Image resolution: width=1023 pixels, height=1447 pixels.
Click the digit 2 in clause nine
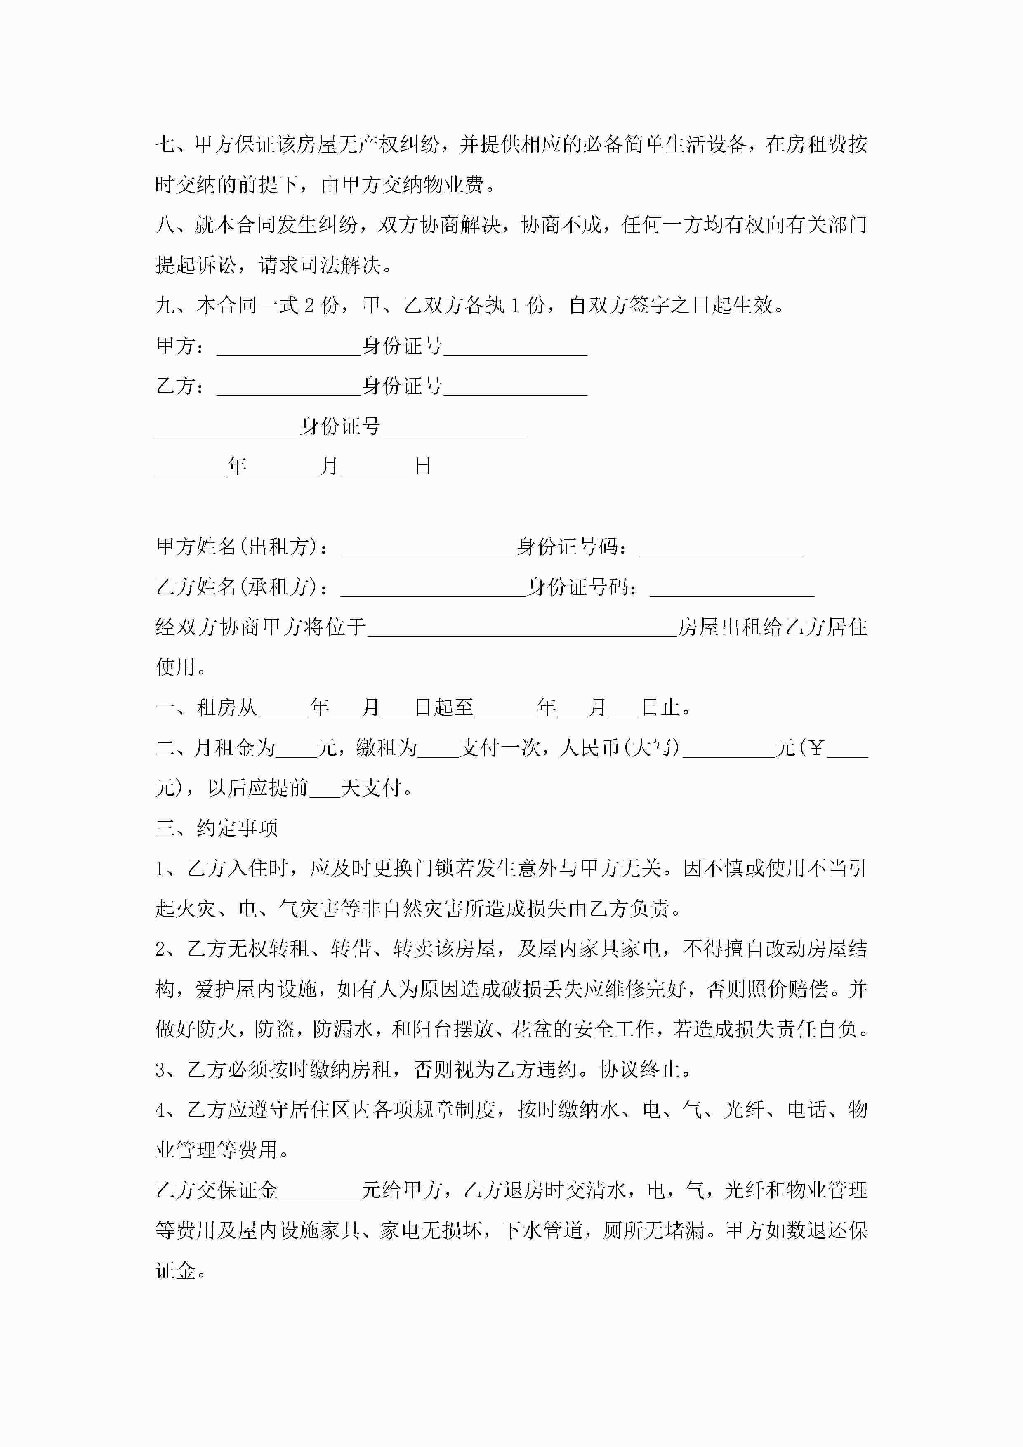pyautogui.click(x=309, y=306)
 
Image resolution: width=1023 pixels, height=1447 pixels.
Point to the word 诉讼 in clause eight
pyautogui.click(x=217, y=265)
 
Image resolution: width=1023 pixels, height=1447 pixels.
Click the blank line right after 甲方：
pyautogui.click(x=288, y=347)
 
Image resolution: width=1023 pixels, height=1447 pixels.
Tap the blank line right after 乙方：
pyautogui.click(x=288, y=388)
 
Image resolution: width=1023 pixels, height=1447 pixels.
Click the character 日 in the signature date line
pyautogui.click(x=422, y=467)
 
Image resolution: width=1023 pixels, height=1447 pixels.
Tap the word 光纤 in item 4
pyautogui.click(x=744, y=1110)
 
